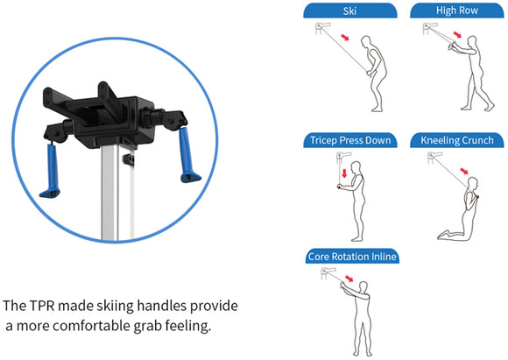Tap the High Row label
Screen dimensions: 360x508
tap(456, 10)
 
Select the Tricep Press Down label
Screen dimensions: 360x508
tap(350, 140)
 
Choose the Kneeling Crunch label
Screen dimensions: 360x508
tap(456, 140)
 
